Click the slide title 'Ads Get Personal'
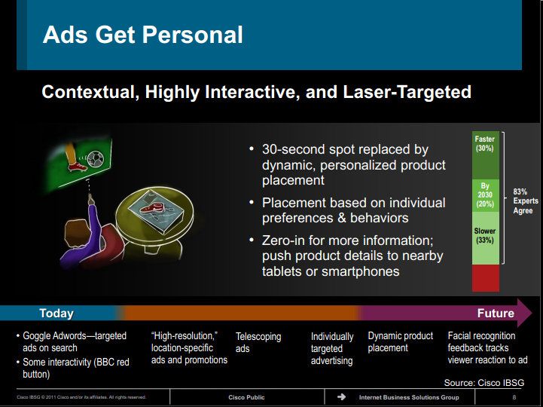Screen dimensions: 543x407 (142, 35)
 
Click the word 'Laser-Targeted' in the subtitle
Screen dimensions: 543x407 (407, 92)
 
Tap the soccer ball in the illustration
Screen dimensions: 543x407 (96, 159)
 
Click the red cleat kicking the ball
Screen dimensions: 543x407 (78, 167)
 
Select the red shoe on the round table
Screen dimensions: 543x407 (151, 208)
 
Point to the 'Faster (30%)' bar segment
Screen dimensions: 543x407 (486, 155)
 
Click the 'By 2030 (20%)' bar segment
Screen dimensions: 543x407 (486, 195)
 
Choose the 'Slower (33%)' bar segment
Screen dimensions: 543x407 (486, 238)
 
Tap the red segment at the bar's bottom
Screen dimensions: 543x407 (486, 278)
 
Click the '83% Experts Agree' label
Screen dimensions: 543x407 (526, 201)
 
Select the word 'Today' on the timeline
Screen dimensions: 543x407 (56, 313)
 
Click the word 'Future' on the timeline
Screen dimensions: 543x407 (496, 313)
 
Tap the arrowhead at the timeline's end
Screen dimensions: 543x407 (524, 313)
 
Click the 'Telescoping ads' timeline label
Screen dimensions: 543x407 (258, 342)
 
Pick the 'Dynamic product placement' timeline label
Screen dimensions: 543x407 (401, 342)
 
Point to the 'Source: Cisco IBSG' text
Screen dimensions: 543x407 (484, 383)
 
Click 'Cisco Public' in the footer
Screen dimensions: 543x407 (246, 397)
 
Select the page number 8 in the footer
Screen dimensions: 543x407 (514, 397)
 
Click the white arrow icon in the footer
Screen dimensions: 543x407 (341, 396)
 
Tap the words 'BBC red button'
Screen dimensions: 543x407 (76, 368)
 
